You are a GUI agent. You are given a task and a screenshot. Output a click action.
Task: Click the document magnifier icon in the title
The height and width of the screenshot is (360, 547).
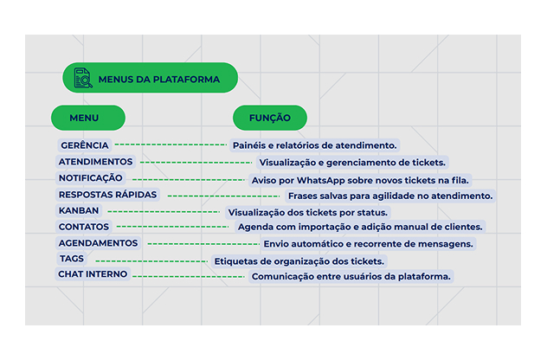click(83, 78)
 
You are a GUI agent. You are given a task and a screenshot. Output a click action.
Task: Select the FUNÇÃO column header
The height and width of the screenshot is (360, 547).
click(270, 118)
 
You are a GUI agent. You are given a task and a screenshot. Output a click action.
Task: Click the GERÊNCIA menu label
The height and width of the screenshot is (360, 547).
click(85, 145)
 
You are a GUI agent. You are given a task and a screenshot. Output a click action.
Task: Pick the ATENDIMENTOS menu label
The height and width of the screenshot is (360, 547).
click(95, 162)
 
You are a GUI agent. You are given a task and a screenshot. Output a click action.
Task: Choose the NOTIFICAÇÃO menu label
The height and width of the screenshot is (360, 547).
click(90, 178)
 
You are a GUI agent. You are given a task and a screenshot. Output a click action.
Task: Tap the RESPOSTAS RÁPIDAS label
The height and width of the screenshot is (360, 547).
click(107, 195)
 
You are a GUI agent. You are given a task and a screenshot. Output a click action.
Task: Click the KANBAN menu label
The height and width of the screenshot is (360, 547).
click(79, 210)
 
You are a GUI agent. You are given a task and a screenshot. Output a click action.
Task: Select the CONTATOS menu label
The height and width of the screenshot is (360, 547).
click(84, 227)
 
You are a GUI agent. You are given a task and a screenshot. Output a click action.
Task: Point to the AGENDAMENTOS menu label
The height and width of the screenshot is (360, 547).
click(98, 243)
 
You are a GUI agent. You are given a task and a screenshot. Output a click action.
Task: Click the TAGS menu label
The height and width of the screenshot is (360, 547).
click(72, 259)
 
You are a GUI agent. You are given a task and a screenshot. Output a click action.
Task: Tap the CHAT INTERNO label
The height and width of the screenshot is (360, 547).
click(93, 274)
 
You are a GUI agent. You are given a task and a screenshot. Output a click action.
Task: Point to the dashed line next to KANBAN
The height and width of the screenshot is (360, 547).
click(164, 211)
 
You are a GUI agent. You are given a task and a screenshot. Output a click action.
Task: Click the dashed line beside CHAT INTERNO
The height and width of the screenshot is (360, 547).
click(189, 277)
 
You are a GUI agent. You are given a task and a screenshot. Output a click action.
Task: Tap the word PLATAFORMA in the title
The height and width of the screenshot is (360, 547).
click(186, 80)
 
